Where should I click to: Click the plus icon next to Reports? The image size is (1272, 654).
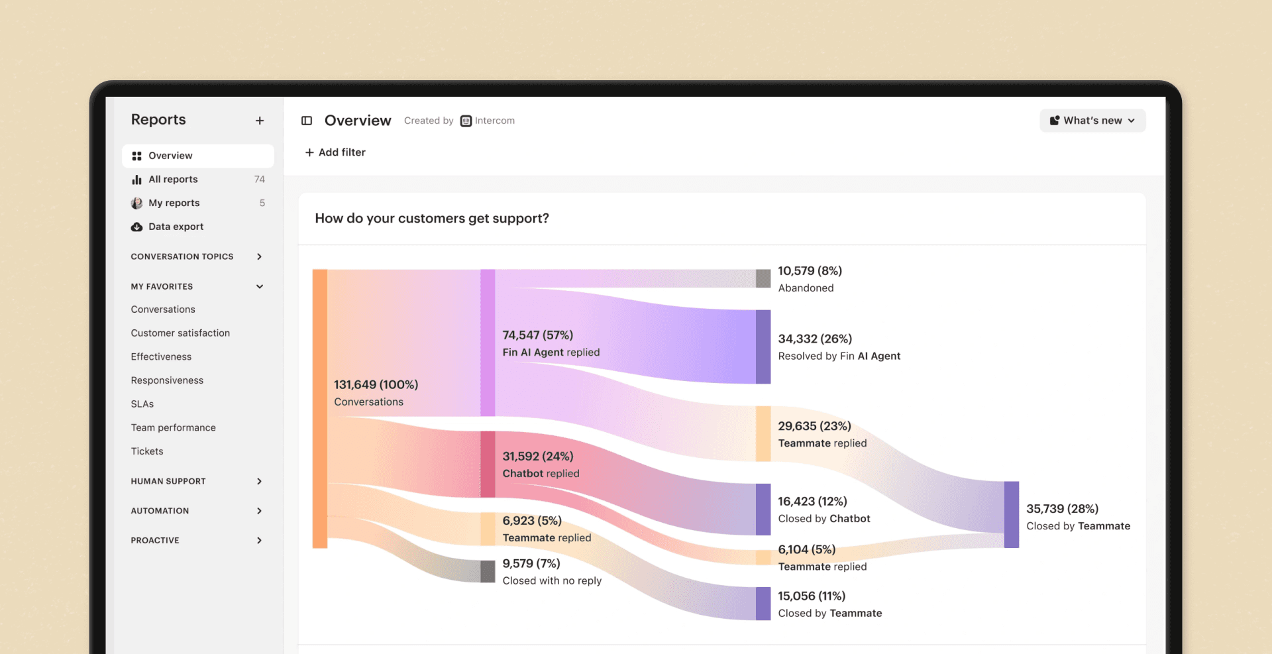tap(260, 121)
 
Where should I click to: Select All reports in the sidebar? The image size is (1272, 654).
tap(173, 180)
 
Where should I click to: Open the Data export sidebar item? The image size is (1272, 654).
tap(176, 227)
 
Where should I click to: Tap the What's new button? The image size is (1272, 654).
tap(1092, 121)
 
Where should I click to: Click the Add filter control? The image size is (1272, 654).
tap(335, 152)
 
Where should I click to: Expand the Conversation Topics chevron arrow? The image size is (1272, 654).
tap(259, 256)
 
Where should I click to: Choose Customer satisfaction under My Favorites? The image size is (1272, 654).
tap(180, 333)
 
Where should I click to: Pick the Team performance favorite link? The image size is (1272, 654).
tap(173, 427)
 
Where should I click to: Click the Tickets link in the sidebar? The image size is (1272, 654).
tap(147, 451)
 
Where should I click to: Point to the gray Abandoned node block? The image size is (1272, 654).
tap(763, 278)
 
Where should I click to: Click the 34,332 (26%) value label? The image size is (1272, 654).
tap(815, 339)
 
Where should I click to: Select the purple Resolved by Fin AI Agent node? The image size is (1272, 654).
tap(763, 347)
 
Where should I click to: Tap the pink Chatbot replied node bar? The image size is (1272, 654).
tap(488, 464)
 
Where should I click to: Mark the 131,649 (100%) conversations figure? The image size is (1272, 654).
tap(376, 384)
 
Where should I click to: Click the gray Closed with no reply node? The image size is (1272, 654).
tap(488, 571)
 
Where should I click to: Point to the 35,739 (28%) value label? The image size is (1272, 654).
tap(1062, 509)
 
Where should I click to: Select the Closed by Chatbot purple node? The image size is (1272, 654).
tap(763, 509)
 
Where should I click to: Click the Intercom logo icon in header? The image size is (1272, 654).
tap(466, 121)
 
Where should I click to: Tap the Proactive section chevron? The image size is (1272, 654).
tap(259, 541)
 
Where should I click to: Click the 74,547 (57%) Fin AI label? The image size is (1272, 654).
tap(537, 335)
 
